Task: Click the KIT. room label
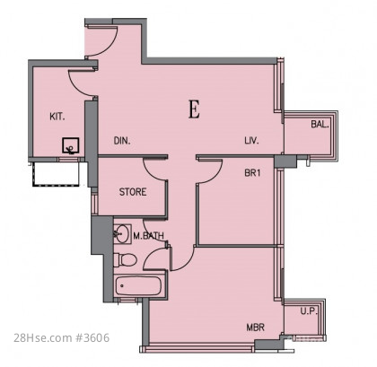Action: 57,117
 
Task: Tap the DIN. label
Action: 122,141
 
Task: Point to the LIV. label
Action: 251,140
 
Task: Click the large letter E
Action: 194,109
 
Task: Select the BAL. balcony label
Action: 320,124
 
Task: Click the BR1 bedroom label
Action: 252,173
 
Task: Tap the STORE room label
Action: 133,192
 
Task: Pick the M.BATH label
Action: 148,236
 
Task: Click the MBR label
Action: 256,328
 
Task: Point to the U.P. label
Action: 309,311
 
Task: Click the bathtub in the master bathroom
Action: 138,286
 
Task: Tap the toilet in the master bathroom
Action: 126,259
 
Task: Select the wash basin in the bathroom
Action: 122,233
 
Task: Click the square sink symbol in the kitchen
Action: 71,145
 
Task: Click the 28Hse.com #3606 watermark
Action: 62,338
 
